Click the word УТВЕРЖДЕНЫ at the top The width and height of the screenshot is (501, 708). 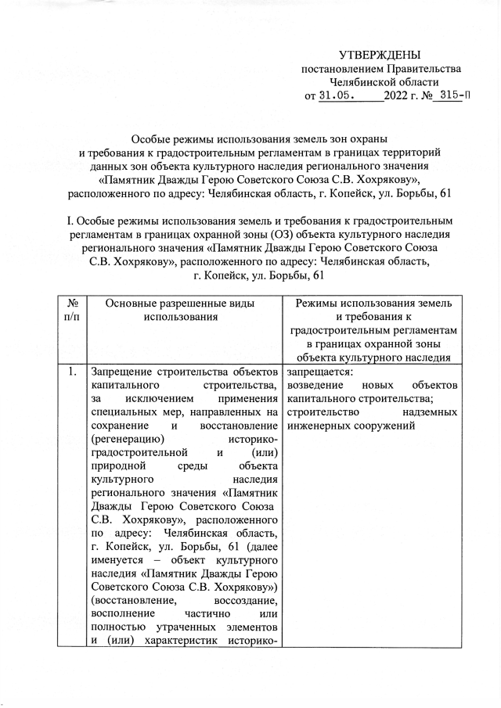380,55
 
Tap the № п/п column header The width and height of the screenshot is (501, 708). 72,309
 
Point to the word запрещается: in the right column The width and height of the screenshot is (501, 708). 319,372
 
